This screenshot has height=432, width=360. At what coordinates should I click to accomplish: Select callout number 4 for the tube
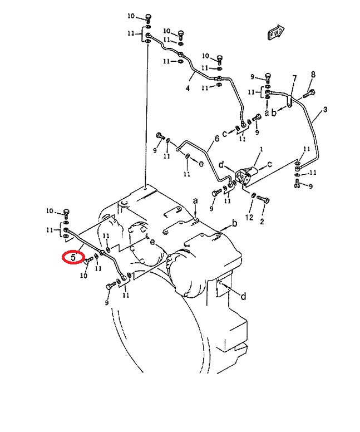tap(188, 88)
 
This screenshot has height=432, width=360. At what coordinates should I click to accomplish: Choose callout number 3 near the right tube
tap(326, 110)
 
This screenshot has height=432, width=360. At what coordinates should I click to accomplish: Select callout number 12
tap(250, 216)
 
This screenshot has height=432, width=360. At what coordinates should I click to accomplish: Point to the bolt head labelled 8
tap(311, 92)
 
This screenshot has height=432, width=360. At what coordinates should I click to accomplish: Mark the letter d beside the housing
tap(243, 296)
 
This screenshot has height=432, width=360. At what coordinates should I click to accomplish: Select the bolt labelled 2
tap(265, 199)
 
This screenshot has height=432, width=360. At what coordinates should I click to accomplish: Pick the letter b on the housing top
tap(234, 223)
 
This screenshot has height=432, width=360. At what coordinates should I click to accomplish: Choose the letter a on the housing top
tap(195, 200)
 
